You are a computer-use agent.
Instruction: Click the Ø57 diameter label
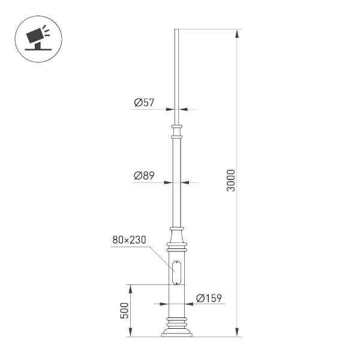(144, 103)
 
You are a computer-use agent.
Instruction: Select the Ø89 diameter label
(144, 176)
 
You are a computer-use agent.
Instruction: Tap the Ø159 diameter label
(209, 298)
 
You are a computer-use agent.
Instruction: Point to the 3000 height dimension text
(232, 181)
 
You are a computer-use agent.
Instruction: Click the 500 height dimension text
(125, 310)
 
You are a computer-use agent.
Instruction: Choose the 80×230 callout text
(130, 240)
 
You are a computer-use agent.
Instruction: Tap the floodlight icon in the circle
(37, 38)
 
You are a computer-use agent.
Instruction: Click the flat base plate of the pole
(176, 335)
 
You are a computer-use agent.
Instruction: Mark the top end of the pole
(176, 30)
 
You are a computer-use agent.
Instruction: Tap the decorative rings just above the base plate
(176, 322)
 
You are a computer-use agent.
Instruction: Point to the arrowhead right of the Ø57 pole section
(182, 109)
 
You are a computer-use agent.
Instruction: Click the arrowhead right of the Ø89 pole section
(184, 182)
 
